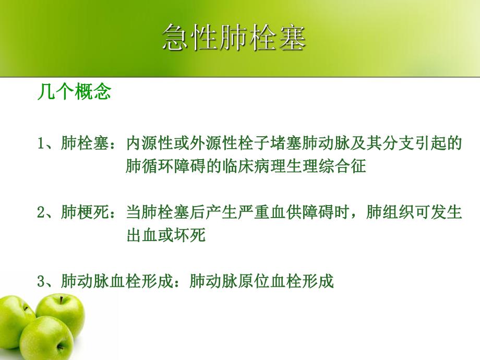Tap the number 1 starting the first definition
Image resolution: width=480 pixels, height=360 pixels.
(41, 144)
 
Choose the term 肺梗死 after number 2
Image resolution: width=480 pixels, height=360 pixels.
(78, 213)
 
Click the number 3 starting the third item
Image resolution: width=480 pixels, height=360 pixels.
(41, 282)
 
